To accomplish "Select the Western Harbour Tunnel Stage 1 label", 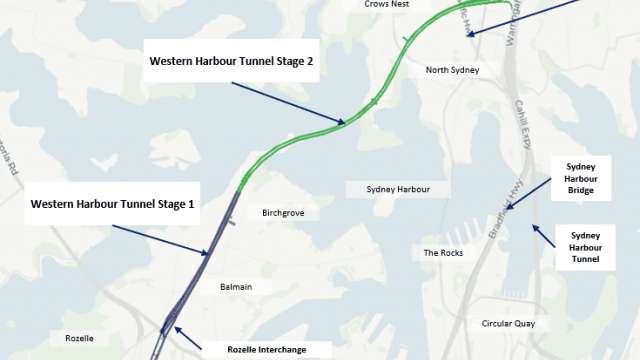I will pyautogui.click(x=112, y=204).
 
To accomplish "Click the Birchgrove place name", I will pyautogui.click(x=283, y=213).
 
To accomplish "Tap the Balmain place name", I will pyautogui.click(x=236, y=287).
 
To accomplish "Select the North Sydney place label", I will pyautogui.click(x=453, y=70).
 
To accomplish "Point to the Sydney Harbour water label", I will pyautogui.click(x=398, y=189).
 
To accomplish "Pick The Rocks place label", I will pyautogui.click(x=442, y=253).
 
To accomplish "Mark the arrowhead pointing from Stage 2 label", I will pyautogui.click(x=344, y=123).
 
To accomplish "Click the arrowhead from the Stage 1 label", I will pyautogui.click(x=209, y=254).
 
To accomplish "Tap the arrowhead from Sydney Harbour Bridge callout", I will pyautogui.click(x=510, y=208).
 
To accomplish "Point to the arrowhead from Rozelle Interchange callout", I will pyautogui.click(x=177, y=328).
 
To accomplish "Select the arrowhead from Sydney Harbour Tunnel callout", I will pyautogui.click(x=535, y=226).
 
